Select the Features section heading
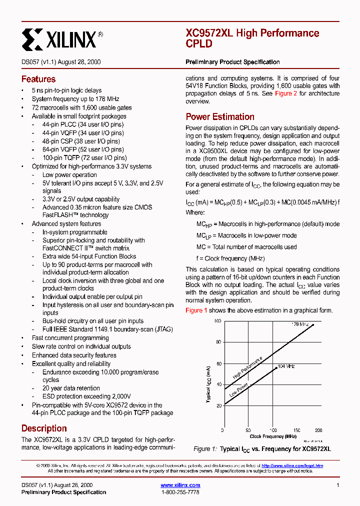[x=38, y=79]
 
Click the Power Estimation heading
[x=220, y=117]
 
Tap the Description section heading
[x=44, y=428]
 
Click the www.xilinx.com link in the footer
[x=180, y=485]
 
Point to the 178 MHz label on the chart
[x=300, y=324]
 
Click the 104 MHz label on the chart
[x=285, y=366]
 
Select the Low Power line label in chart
[x=238, y=390]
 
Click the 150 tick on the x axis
[x=296, y=430]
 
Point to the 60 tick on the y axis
[x=218, y=364]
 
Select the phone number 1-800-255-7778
[x=180, y=492]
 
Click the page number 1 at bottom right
[x=338, y=485]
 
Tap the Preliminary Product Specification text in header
[x=232, y=62]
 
